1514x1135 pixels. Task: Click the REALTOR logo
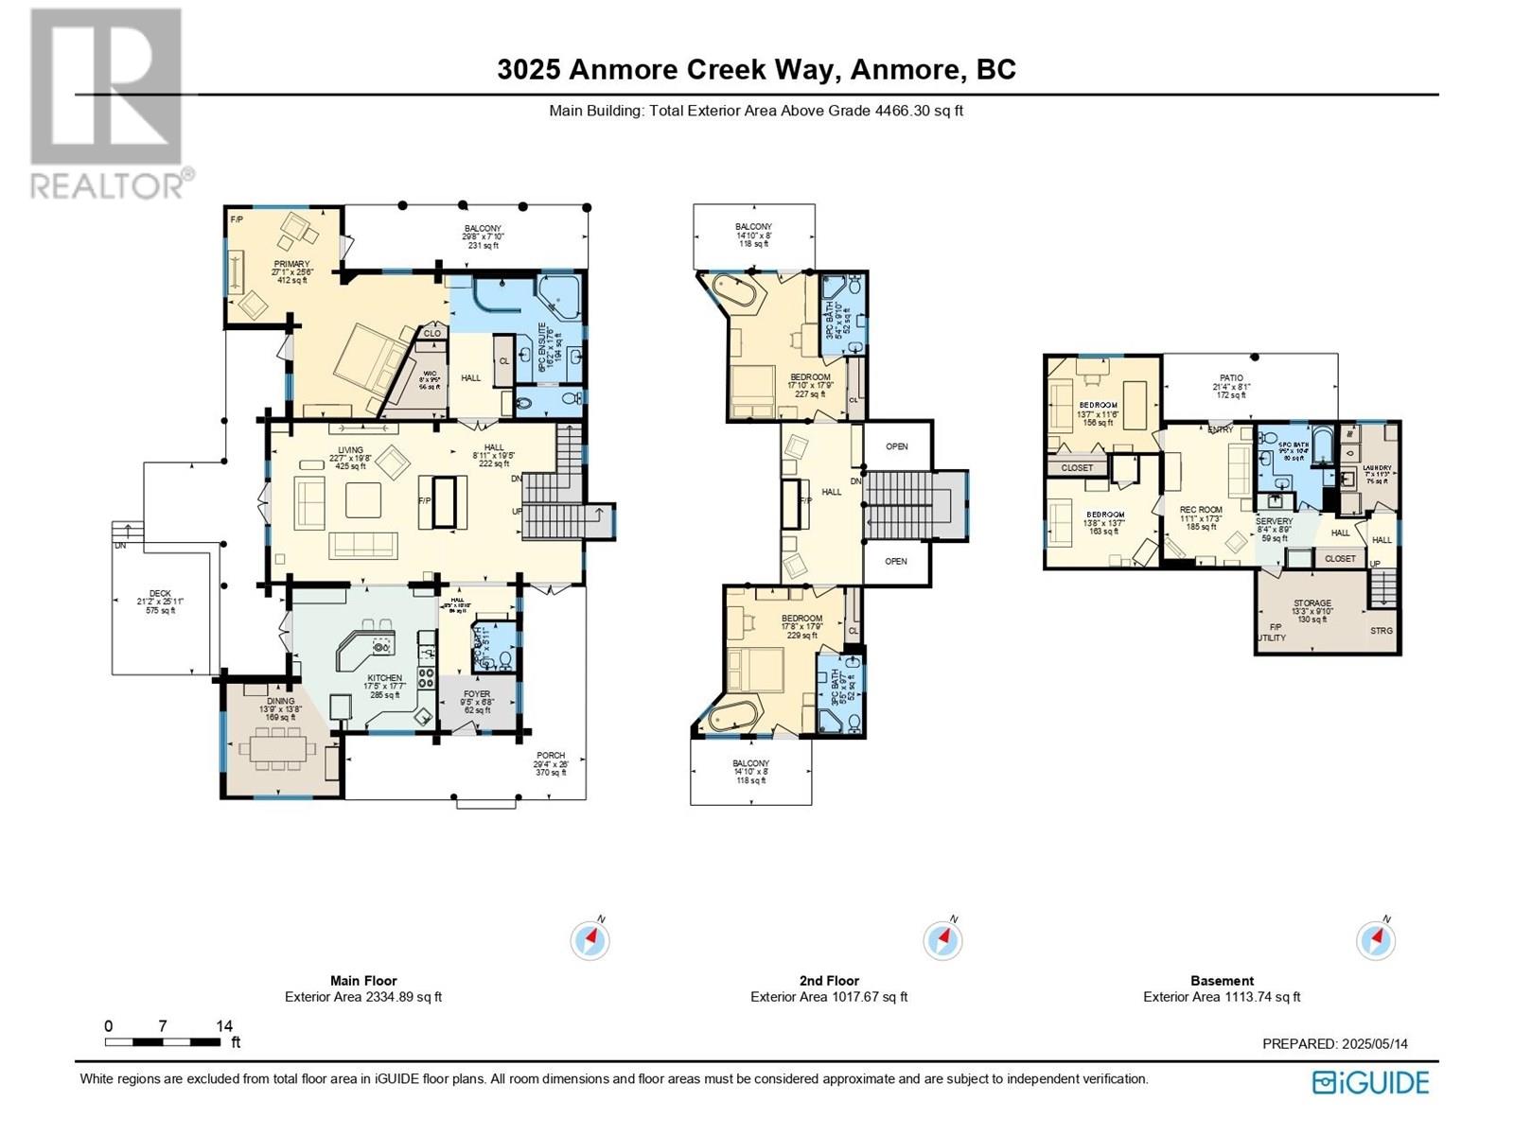pos(106,104)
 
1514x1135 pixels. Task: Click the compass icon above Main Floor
pos(590,941)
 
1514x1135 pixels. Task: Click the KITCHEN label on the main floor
pos(385,678)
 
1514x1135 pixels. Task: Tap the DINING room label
pos(280,701)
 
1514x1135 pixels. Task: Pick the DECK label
pos(160,594)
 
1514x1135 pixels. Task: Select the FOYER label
pos(477,694)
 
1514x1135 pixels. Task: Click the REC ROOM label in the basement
pos(1201,510)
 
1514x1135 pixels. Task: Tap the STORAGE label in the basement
pos(1312,603)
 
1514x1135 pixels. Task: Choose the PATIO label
pos(1231,378)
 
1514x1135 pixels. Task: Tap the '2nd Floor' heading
pos(829,981)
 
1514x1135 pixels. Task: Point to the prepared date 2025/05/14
pos(1375,1044)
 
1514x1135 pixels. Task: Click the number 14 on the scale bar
pos(224,1026)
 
